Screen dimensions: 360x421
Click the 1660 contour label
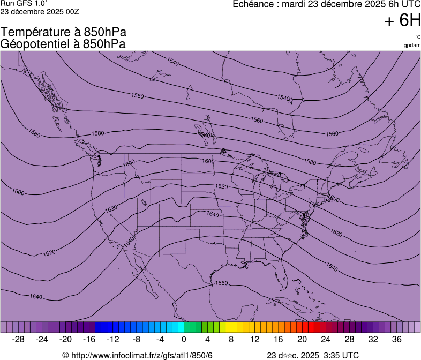(x=221, y=283)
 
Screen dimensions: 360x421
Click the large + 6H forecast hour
(x=403, y=20)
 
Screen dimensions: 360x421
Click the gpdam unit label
(x=412, y=46)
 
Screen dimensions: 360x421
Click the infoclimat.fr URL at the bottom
(x=142, y=355)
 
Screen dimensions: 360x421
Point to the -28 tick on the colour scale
(x=19, y=339)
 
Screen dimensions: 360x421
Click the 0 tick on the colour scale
(x=184, y=339)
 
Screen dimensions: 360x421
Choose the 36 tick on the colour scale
(x=396, y=339)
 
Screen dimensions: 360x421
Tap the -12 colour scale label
(x=112, y=339)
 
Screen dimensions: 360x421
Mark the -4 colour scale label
(x=160, y=339)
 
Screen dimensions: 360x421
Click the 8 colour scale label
(x=231, y=339)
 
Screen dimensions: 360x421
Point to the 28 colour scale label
(x=349, y=339)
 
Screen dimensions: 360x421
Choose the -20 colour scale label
(x=65, y=339)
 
